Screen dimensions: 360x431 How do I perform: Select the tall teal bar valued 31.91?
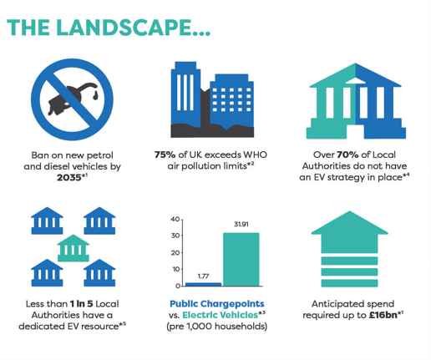tap(241, 259)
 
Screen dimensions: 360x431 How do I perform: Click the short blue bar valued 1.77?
tap(204, 284)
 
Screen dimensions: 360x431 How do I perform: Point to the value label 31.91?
tap(241, 224)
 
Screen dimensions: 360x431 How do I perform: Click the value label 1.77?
tap(203, 275)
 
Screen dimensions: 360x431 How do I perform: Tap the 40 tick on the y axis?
tap(175, 219)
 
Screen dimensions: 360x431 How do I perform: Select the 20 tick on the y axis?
tap(175, 252)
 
